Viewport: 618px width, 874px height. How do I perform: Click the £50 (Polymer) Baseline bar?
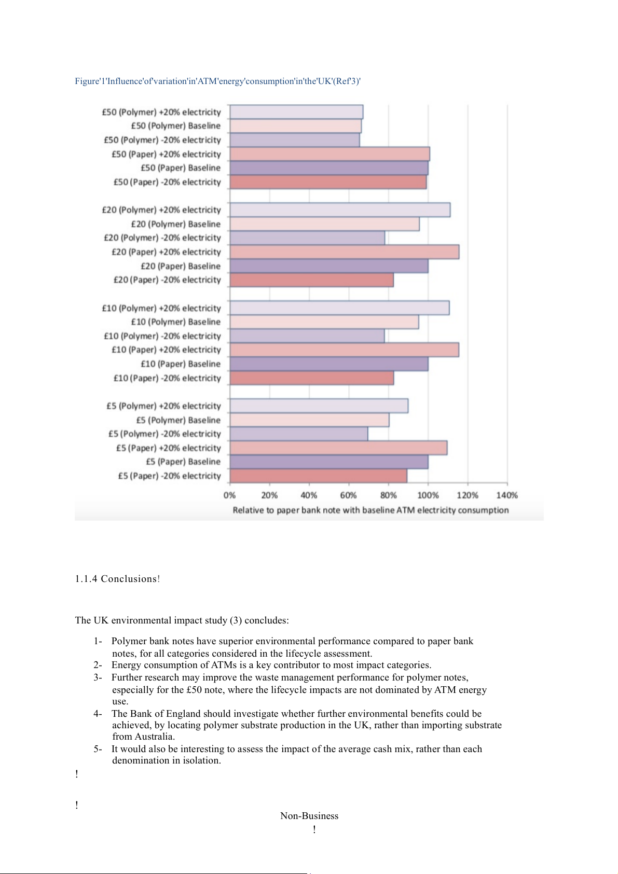tap(295, 126)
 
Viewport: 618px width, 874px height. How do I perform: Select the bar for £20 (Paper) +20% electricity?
tap(344, 252)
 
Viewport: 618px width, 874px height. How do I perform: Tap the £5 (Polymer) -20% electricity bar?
tap(298, 434)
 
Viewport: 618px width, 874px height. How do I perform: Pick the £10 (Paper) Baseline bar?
tap(328, 364)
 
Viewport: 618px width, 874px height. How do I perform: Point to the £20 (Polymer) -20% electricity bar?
tap(307, 238)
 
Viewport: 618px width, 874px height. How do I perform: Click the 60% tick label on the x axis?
tap(348, 495)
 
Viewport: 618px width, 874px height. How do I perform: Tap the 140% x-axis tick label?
tap(507, 495)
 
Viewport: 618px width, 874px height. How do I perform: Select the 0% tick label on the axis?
tap(229, 495)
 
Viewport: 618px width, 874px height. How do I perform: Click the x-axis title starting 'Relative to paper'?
tap(370, 510)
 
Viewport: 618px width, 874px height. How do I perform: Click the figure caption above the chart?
tap(217, 81)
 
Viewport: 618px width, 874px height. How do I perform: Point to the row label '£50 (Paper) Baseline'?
tap(181, 168)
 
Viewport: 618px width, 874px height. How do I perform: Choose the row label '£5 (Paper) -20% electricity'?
tap(169, 476)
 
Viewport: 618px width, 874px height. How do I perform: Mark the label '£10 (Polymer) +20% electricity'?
tap(161, 308)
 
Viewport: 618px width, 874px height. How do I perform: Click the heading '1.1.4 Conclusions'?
tap(117, 579)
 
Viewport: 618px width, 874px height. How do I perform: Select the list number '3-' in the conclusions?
tap(98, 677)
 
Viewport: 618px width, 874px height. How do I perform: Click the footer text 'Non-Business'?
tap(309, 816)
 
